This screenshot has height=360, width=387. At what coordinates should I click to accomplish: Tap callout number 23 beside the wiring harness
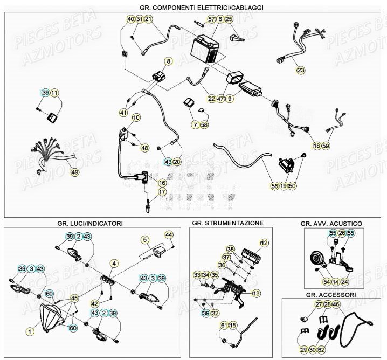pos(300,70)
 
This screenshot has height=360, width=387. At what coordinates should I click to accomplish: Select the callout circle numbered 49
pos(74,172)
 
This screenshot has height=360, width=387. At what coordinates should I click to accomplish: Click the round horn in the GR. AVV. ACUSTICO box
pos(315,260)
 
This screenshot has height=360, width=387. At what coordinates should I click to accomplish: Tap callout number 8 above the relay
pos(168,61)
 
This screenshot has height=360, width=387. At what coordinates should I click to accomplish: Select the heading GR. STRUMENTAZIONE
pos(227,223)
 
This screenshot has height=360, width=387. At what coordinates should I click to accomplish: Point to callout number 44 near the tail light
pos(169,234)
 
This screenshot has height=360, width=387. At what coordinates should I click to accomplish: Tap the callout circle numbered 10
pos(136,117)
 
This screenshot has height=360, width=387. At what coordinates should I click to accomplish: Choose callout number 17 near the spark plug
pos(162,192)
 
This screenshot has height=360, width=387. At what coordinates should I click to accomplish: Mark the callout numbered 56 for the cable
pos(274,186)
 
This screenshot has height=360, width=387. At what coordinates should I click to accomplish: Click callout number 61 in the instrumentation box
pos(224,326)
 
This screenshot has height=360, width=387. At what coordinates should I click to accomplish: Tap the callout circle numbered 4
pos(114,264)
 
